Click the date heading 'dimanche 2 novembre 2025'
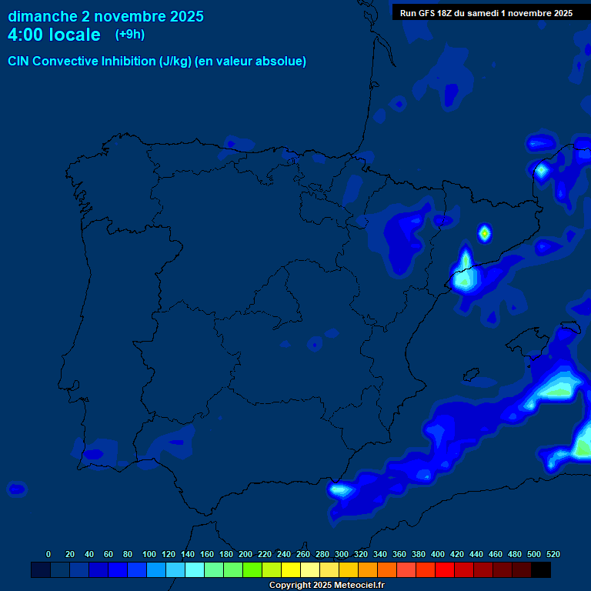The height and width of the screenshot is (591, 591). pos(105,16)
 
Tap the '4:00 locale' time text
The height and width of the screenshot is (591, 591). pos(54,35)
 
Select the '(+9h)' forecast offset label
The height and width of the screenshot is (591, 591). pos(129,35)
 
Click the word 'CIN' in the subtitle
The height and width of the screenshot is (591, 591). pos(19,62)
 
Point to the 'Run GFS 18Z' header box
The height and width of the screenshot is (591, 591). pos(486,13)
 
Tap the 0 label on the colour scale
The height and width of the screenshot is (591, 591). pos(48,554)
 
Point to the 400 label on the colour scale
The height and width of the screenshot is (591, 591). pos(438,554)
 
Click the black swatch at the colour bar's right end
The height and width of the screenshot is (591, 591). pos(541,570)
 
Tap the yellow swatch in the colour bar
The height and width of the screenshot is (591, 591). pos(291,570)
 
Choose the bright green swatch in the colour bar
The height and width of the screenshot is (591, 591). pos(252,570)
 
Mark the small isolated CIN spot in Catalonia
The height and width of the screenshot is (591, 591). pos(484,232)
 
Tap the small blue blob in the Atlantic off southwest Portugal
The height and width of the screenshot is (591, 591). pos(16,489)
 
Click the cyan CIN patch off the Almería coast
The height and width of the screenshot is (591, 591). pos(339,488)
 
